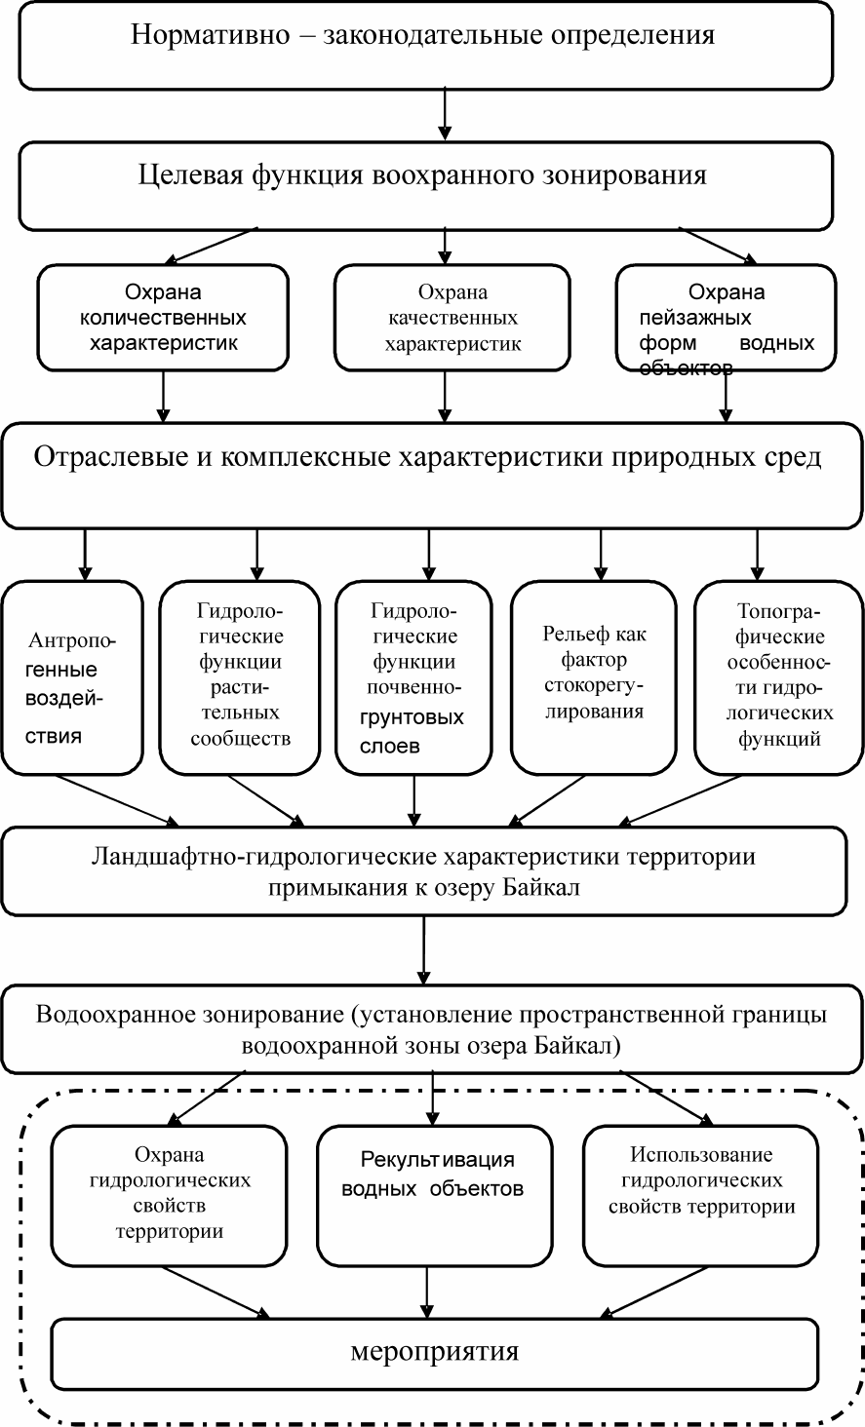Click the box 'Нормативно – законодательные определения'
[424, 44]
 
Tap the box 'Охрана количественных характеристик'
[163, 319]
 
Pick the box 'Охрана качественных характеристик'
[452, 319]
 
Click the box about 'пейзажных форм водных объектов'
[727, 319]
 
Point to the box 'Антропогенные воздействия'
[73, 677]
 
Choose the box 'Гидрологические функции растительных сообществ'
[241, 677]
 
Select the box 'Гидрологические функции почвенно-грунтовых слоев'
[413, 677]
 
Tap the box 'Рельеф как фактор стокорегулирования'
[594, 677]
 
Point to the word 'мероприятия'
[434, 1351]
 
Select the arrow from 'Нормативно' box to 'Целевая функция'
[445, 114]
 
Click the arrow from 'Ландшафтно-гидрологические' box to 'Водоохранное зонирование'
[423, 949]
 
